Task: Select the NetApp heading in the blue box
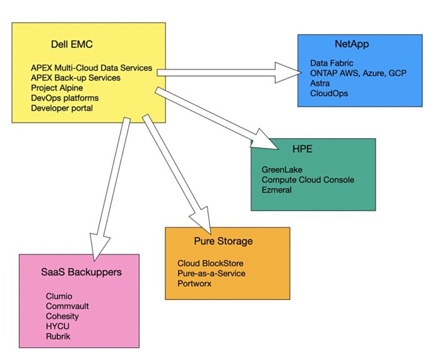352,44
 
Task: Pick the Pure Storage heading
223,241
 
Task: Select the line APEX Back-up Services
76,78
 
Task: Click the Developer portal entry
62,108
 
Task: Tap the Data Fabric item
331,63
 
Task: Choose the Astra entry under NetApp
321,83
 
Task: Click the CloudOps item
329,93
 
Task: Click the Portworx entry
194,283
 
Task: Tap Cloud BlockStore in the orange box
210,263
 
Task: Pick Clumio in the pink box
59,296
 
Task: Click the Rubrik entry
58,336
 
